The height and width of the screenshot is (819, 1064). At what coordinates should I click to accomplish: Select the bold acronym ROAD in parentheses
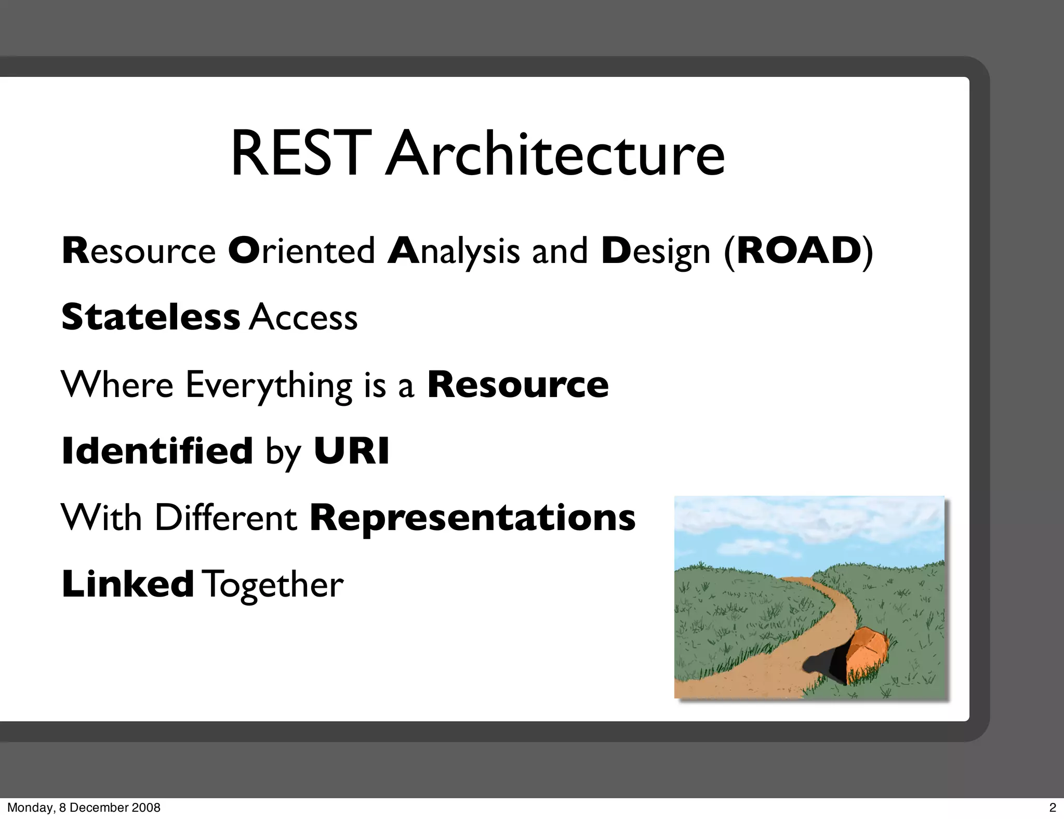tap(799, 251)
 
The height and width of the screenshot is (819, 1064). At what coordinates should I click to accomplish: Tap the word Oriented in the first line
tap(301, 251)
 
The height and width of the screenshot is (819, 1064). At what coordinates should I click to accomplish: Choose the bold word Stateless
tap(151, 317)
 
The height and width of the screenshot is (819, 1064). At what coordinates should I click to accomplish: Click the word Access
tap(303, 318)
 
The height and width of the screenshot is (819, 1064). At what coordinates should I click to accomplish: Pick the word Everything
tap(269, 386)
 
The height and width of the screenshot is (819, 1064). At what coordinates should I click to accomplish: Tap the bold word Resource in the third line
tap(517, 385)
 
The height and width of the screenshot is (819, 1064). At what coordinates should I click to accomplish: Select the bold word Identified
tap(157, 451)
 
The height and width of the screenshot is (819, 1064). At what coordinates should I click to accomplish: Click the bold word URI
tap(351, 451)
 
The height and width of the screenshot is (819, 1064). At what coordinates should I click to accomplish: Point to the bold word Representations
tap(472, 518)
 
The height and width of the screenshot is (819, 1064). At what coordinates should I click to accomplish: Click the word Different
tap(225, 518)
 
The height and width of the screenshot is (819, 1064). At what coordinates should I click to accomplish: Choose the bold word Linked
tap(128, 584)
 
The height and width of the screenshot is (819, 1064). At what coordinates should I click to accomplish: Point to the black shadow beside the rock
tap(829, 665)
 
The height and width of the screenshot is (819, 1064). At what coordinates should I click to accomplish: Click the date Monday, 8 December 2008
tap(84, 808)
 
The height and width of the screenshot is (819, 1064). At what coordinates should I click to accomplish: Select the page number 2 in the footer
tap(1053, 808)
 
